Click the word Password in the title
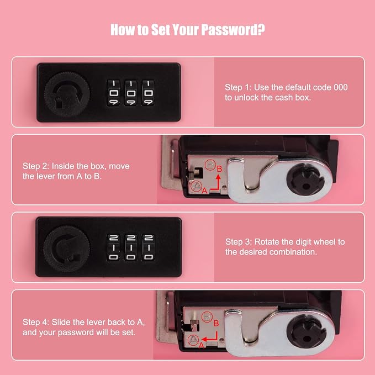(x=229, y=30)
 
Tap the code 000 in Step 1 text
(x=341, y=87)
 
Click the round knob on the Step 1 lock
(x=67, y=94)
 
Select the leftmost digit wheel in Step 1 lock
(x=113, y=93)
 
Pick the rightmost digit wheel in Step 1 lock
(x=148, y=93)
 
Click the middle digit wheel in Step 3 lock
(x=131, y=247)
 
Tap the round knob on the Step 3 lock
(x=67, y=249)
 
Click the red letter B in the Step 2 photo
(x=220, y=169)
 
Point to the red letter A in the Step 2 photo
(x=204, y=191)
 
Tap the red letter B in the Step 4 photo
(x=216, y=323)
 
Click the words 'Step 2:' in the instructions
(x=36, y=166)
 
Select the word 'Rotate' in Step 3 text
(x=267, y=242)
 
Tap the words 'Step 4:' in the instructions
(x=36, y=322)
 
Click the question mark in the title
(x=261, y=29)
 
